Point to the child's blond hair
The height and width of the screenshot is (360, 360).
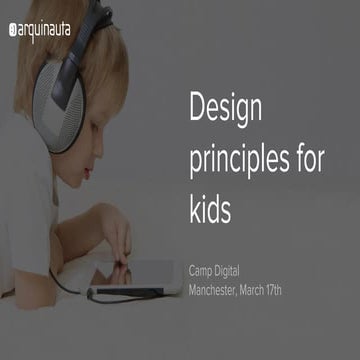[x=110, y=60]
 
